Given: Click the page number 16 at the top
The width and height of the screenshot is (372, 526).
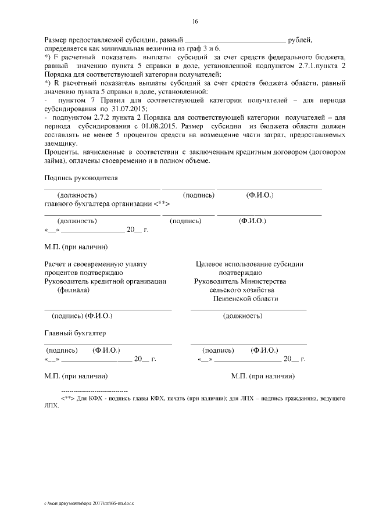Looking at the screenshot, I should coord(195,22).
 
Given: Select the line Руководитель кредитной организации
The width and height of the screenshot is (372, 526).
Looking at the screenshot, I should coord(105,281).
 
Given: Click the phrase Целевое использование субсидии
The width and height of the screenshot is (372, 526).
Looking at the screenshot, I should coord(250,264).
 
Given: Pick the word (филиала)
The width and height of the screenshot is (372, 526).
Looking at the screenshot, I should coord(73,290).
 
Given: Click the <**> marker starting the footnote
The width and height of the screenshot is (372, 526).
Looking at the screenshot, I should coord(67,400).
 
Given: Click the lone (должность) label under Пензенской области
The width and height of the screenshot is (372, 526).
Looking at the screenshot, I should coord(242,316).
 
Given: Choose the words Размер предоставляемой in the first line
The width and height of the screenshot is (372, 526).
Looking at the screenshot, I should coord(85,40).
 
